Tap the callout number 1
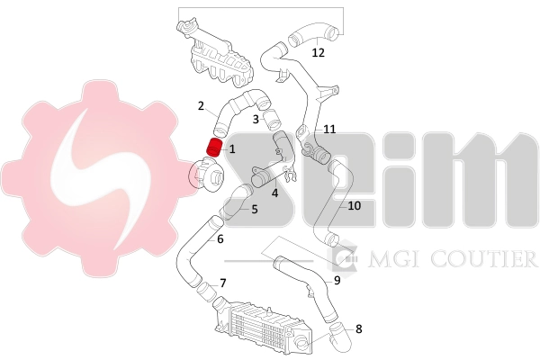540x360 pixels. click(x=231, y=148)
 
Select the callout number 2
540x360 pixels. click(x=201, y=106)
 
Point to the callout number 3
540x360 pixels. click(x=256, y=119)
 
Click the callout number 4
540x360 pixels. click(x=274, y=191)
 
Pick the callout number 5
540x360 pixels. click(x=255, y=210)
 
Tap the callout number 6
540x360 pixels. click(x=220, y=239)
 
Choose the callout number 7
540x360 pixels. click(x=222, y=283)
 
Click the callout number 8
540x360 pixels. click(x=358, y=328)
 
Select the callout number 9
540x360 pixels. click(x=337, y=280)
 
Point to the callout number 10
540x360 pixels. click(x=354, y=205)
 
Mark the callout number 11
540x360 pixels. click(x=329, y=129)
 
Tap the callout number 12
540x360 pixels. click(x=318, y=52)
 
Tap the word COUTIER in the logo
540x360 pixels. click(x=489, y=260)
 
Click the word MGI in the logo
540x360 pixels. click(x=374, y=260)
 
